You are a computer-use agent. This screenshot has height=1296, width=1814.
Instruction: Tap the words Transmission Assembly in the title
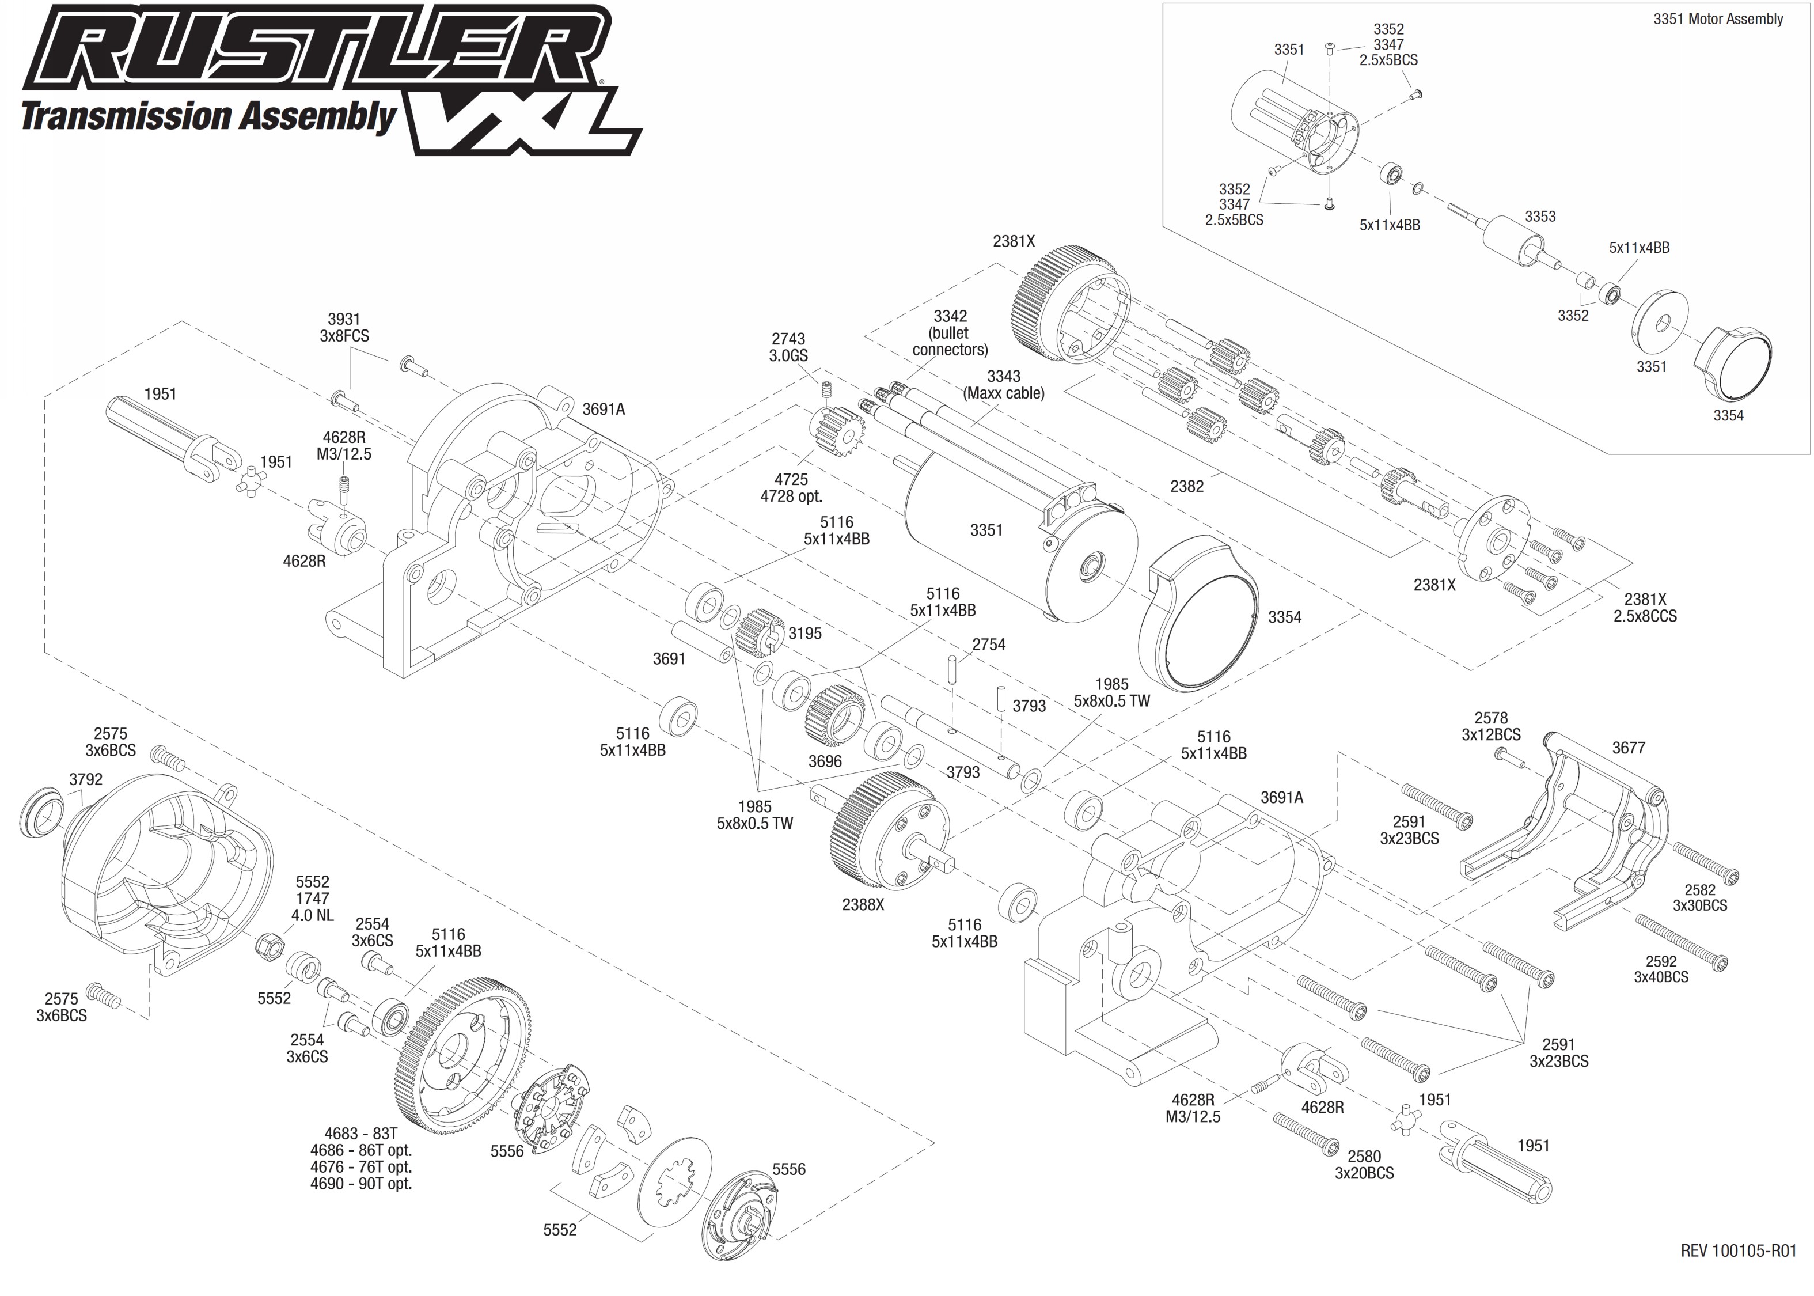tap(208, 116)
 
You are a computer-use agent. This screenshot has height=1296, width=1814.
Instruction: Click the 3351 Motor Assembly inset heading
tap(1717, 19)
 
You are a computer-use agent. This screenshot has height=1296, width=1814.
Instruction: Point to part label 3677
tap(1628, 748)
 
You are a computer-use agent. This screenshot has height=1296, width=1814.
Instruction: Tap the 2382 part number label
tap(1186, 486)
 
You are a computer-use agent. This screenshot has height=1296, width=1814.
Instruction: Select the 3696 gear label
tap(825, 761)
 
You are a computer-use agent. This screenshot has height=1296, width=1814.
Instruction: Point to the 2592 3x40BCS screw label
tap(1661, 969)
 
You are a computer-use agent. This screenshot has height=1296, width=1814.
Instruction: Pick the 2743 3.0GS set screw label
tap(788, 347)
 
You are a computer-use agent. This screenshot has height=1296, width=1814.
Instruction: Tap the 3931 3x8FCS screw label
tap(344, 328)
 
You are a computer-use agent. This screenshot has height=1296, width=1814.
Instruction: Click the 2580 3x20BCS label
tap(1364, 1164)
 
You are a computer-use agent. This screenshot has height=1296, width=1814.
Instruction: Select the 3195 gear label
tap(805, 633)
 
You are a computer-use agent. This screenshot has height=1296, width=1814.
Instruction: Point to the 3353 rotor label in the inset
tap(1539, 216)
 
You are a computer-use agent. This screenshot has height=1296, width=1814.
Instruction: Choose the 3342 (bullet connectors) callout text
tap(950, 333)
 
